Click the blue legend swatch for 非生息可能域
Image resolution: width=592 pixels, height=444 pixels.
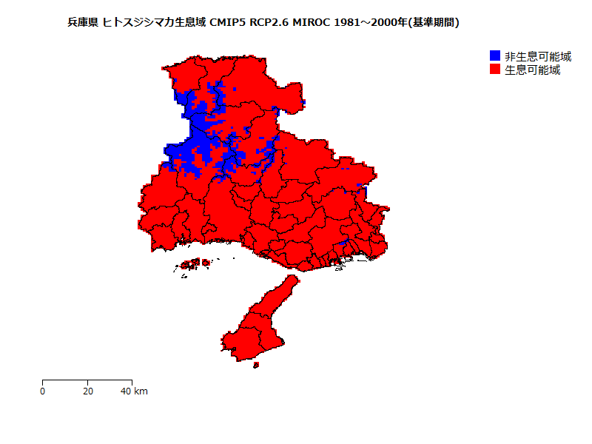[495, 56]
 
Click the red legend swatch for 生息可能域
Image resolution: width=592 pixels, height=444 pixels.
[495, 70]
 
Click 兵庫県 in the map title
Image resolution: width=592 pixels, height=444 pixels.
[82, 22]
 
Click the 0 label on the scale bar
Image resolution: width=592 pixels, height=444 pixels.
[43, 391]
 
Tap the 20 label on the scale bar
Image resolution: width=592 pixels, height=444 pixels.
[88, 391]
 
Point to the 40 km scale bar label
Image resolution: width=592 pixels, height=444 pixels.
[134, 391]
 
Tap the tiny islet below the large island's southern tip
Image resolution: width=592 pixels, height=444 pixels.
[256, 364]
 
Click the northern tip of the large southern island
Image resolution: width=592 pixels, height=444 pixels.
[293, 278]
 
